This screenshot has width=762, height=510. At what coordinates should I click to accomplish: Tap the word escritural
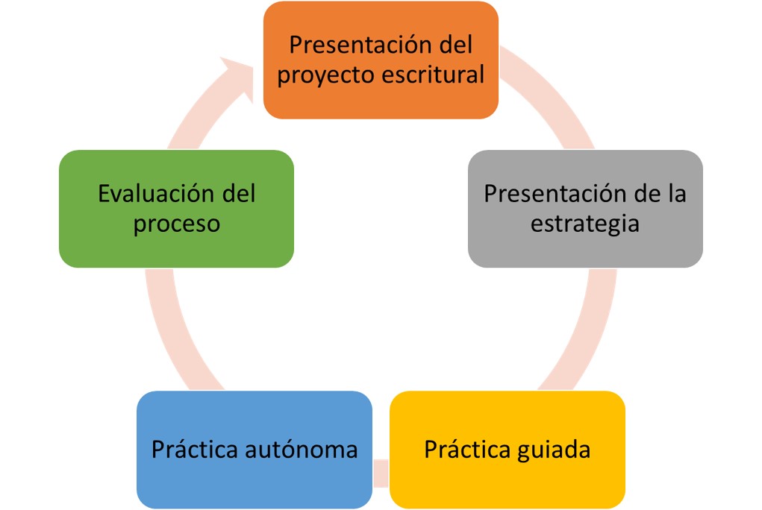[433, 75]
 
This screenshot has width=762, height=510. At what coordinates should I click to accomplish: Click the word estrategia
[584, 224]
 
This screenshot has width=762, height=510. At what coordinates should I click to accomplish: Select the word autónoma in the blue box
[302, 450]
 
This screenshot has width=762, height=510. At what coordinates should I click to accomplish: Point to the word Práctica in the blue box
[195, 449]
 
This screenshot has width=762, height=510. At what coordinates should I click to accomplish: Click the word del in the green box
[239, 193]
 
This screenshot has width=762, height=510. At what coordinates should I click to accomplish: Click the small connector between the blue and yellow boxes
[381, 473]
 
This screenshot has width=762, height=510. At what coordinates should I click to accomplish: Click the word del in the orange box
[456, 45]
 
